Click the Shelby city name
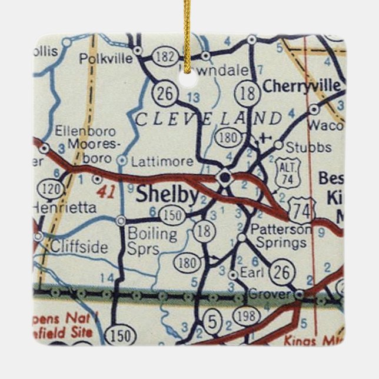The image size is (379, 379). (167, 195)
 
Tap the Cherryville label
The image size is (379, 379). (301, 86)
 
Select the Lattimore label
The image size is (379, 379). (153, 160)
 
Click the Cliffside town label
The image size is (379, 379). (78, 247)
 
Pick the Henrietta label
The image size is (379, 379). (64, 207)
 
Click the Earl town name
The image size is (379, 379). (252, 273)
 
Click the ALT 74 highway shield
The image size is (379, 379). (288, 171)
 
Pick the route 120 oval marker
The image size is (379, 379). (48, 189)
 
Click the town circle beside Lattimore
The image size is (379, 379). (122, 159)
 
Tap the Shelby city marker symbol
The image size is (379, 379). (224, 176)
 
